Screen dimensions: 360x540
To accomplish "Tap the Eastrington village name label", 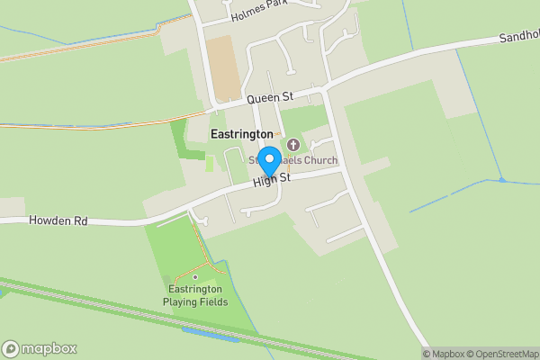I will coord(241,133).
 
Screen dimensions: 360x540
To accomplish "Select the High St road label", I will coord(272,180).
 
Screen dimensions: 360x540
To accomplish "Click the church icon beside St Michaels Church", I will coord(292,144).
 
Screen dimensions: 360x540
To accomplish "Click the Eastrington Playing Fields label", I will coord(194,295).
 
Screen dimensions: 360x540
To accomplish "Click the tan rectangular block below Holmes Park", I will coord(223,67).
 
